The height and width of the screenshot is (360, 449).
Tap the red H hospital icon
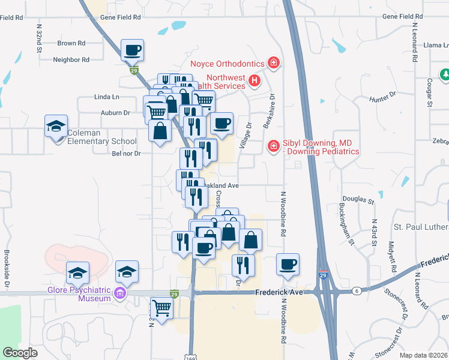pos(255,80)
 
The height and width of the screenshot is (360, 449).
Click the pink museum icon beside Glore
pos(120,294)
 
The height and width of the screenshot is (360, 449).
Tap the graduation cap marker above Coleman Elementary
pos(56,127)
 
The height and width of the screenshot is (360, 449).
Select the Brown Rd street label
pos(71,43)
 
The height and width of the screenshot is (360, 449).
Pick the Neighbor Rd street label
pos(71,59)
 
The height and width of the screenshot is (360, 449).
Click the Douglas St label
pos(358,198)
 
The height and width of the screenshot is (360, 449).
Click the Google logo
pos(20,353)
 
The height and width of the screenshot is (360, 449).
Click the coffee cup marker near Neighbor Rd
pos(133,50)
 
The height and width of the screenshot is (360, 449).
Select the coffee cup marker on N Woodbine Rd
pos(288,264)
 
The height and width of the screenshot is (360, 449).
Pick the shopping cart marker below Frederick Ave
pos(161,308)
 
